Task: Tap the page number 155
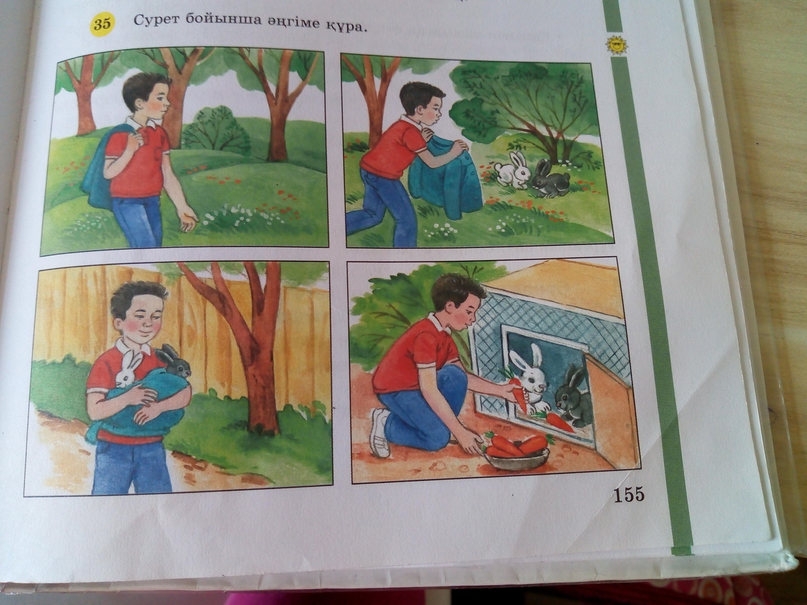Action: (628, 496)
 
